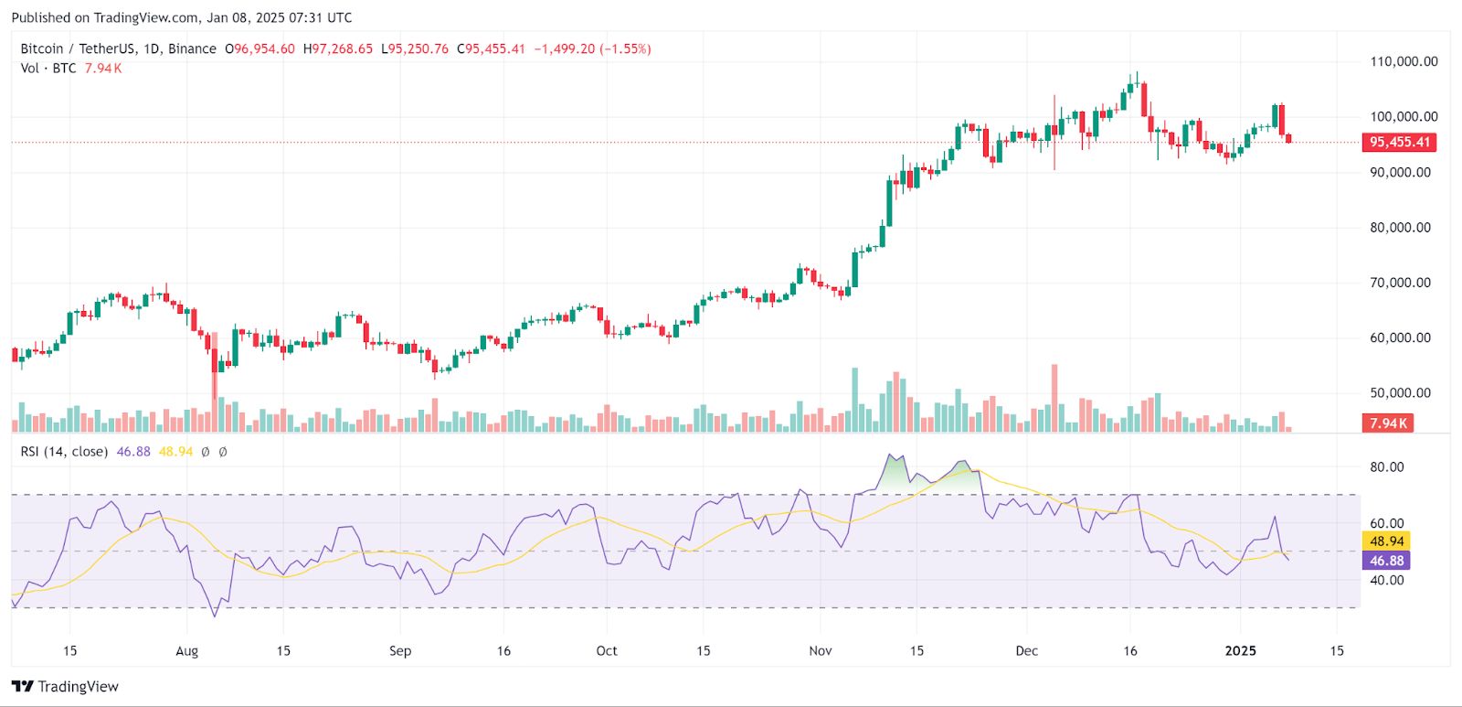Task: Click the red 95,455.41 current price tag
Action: click(1399, 142)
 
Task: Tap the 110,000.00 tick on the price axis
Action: click(1403, 62)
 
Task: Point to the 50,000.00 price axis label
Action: click(1400, 393)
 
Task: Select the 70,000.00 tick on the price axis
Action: click(1400, 283)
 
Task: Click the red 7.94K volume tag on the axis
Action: click(1388, 423)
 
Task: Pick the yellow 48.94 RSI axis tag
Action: click(1386, 541)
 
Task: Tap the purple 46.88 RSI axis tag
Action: click(1386, 561)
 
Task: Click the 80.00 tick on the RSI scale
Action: click(1386, 467)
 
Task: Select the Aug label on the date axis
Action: click(186, 651)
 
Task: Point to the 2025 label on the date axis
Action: click(1240, 651)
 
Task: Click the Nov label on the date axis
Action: click(821, 651)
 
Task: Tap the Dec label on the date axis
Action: click(1026, 651)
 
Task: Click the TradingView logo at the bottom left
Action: click(65, 687)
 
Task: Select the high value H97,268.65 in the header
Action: click(338, 49)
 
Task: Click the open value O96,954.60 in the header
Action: click(260, 49)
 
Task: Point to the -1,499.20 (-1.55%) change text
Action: click(592, 49)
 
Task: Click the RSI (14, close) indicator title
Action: click(64, 452)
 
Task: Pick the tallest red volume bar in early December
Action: click(1054, 398)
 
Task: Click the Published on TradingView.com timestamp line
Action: click(181, 17)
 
